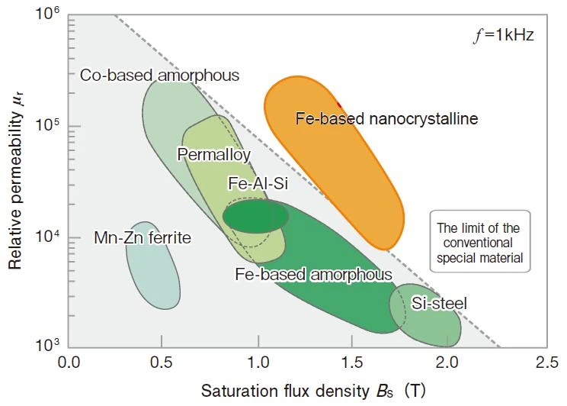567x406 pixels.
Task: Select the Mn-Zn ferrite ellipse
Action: pos(153,266)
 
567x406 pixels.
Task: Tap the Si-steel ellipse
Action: pos(425,315)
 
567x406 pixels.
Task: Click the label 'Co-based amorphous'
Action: pos(159,76)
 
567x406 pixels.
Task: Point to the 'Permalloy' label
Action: pos(213,155)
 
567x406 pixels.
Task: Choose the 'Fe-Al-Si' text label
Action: pos(258,183)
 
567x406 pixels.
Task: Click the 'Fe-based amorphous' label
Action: pos(313,274)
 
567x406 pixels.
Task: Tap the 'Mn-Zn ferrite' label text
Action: pos(143,238)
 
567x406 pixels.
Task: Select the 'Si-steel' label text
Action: pos(439,303)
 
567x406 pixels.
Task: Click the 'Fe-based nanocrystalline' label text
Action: pos(386,119)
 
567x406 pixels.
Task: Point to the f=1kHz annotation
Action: pos(504,36)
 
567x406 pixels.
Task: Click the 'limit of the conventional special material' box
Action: pos(480,241)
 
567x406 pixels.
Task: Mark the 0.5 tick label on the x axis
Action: pos(162,362)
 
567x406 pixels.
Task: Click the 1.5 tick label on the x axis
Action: pos(352,362)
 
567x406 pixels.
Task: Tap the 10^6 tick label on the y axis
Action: pos(47,14)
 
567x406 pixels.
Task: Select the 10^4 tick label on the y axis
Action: pos(47,237)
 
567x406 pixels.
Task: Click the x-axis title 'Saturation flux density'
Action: pos(285,391)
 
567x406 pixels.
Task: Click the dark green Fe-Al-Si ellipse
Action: pos(255,216)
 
